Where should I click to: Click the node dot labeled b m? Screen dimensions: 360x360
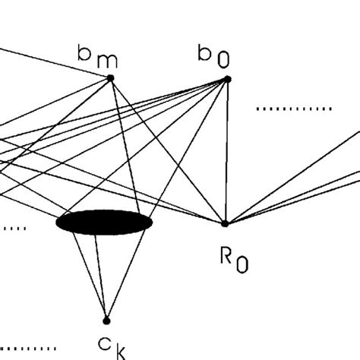(x=111, y=77)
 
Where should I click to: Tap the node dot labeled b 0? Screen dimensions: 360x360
(x=226, y=79)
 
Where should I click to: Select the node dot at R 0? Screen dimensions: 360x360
(x=224, y=223)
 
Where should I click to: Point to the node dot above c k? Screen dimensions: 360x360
(x=106, y=320)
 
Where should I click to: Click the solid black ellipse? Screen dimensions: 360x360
(x=104, y=223)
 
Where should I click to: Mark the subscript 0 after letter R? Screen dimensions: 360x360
(x=242, y=264)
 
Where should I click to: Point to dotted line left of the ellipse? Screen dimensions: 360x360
(x=13, y=227)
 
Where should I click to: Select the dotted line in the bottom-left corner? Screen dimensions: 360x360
(x=30, y=349)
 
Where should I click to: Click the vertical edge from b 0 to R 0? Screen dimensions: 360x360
(x=226, y=152)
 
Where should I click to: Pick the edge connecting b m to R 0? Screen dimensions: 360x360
(x=167, y=150)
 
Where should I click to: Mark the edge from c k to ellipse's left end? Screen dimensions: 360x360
(x=90, y=274)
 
